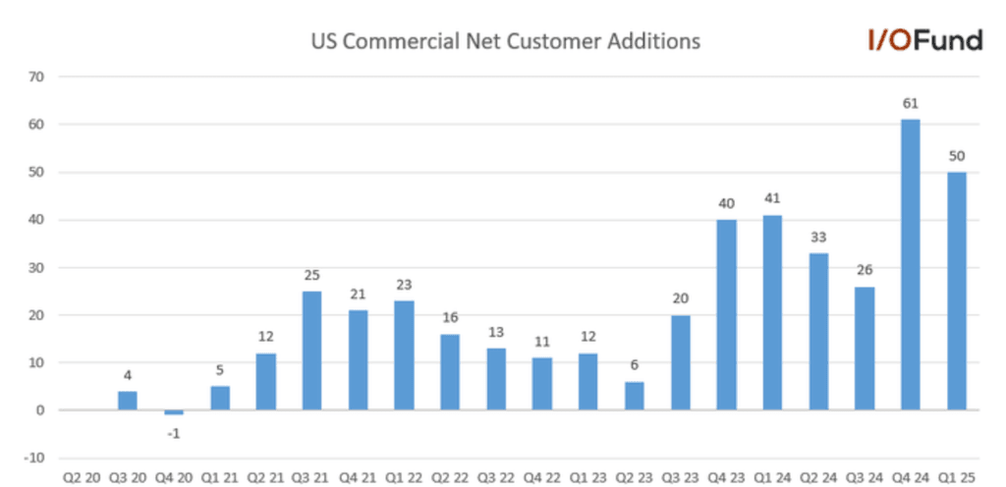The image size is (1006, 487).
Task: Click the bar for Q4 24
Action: (x=911, y=264)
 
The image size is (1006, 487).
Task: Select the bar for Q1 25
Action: (x=957, y=291)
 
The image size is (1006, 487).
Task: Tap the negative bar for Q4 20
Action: (x=174, y=412)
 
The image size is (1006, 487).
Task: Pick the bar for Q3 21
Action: (x=311, y=351)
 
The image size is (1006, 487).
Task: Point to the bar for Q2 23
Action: (x=635, y=396)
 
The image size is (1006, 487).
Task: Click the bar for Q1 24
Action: (x=772, y=312)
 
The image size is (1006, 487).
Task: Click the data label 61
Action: (x=911, y=103)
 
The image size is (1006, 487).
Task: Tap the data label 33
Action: (x=818, y=237)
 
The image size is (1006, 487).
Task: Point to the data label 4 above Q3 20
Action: (x=128, y=375)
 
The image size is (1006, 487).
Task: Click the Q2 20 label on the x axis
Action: (x=82, y=477)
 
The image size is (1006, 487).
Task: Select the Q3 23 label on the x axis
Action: (x=680, y=477)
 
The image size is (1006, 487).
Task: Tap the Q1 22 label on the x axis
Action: (x=404, y=477)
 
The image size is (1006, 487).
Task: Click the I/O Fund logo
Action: (x=923, y=40)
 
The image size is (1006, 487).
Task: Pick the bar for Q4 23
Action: (x=726, y=315)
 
